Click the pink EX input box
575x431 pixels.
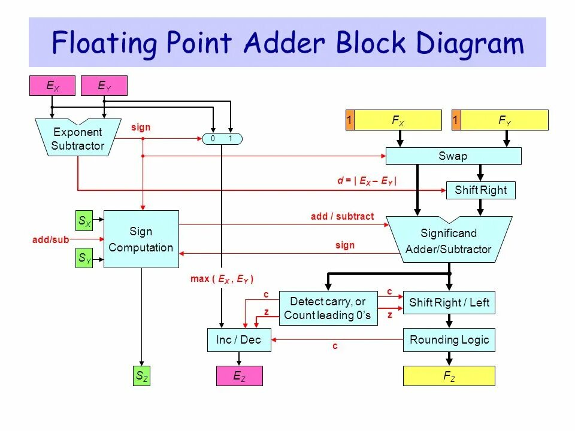pos(53,86)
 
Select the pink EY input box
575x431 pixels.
pos(104,86)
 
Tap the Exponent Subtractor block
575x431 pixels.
pos(78,138)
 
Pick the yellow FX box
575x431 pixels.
pos(398,120)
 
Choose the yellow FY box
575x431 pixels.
pos(505,120)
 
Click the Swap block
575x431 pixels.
pos(453,156)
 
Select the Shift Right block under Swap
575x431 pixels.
pos(480,190)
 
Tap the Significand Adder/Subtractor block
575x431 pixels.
pos(449,241)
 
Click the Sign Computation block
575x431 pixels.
pos(141,239)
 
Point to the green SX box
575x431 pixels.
pos(84,221)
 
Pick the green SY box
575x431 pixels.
pos(84,259)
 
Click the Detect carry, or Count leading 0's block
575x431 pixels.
pos(327,308)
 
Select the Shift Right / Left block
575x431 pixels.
pos(449,303)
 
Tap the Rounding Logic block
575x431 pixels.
pos(449,340)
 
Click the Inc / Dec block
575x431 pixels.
pos(238,340)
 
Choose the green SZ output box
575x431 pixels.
pos(141,377)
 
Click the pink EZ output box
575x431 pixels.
pos(239,377)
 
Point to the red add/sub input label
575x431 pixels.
pos(51,239)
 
